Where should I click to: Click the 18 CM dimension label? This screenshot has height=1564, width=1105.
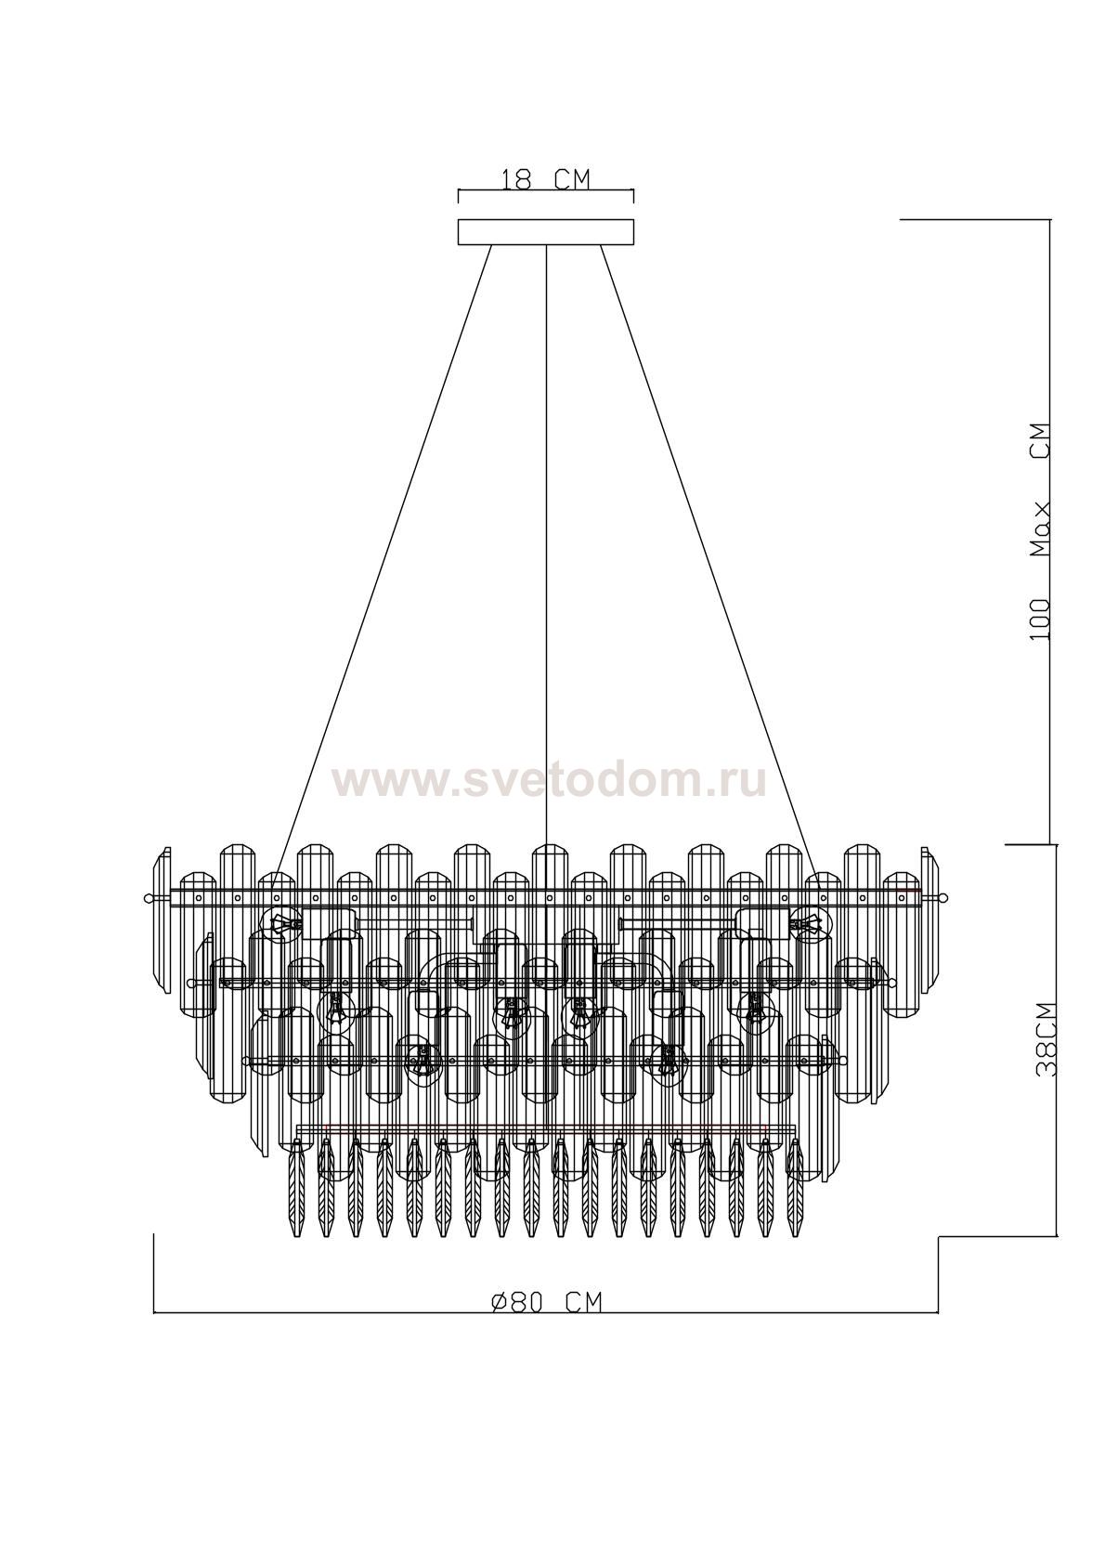click(545, 178)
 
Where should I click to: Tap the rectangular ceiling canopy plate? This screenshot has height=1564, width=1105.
click(546, 232)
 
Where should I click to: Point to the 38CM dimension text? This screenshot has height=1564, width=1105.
click(1046, 1038)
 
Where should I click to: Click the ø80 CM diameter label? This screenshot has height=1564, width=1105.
click(546, 1302)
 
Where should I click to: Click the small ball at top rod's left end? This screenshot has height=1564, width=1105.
click(148, 898)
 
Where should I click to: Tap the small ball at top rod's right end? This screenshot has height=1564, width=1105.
click(944, 898)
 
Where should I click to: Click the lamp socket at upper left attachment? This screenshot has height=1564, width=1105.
click(280, 924)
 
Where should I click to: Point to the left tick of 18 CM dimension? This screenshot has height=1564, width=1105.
click(460, 195)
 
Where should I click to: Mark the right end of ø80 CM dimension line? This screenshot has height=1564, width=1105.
click(938, 1312)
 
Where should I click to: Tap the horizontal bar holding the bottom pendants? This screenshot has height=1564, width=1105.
click(546, 1130)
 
